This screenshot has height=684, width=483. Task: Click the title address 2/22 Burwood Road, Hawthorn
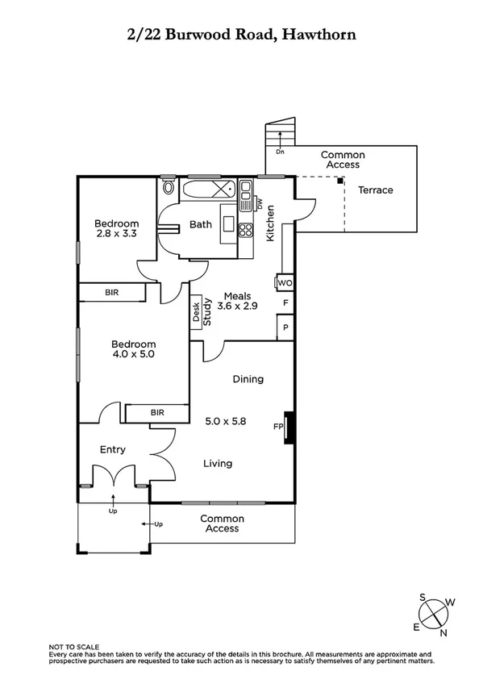point(241,34)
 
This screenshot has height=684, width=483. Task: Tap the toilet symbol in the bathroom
point(168,189)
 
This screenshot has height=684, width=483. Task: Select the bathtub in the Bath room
point(208,191)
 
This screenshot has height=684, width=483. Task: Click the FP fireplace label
point(279,427)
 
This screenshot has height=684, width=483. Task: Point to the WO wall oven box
point(285,283)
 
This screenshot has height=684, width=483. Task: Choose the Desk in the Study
point(195,311)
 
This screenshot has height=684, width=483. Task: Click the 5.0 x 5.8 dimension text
point(227,420)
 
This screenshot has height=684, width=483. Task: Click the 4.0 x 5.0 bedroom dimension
point(132,353)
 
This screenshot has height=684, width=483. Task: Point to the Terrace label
point(376,190)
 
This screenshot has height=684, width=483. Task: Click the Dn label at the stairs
point(280,152)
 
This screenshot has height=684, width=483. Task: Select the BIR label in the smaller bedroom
point(112,293)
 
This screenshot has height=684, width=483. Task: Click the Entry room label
point(112,449)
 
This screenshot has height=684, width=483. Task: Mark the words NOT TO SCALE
point(74,647)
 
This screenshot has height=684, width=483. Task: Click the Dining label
point(248,379)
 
